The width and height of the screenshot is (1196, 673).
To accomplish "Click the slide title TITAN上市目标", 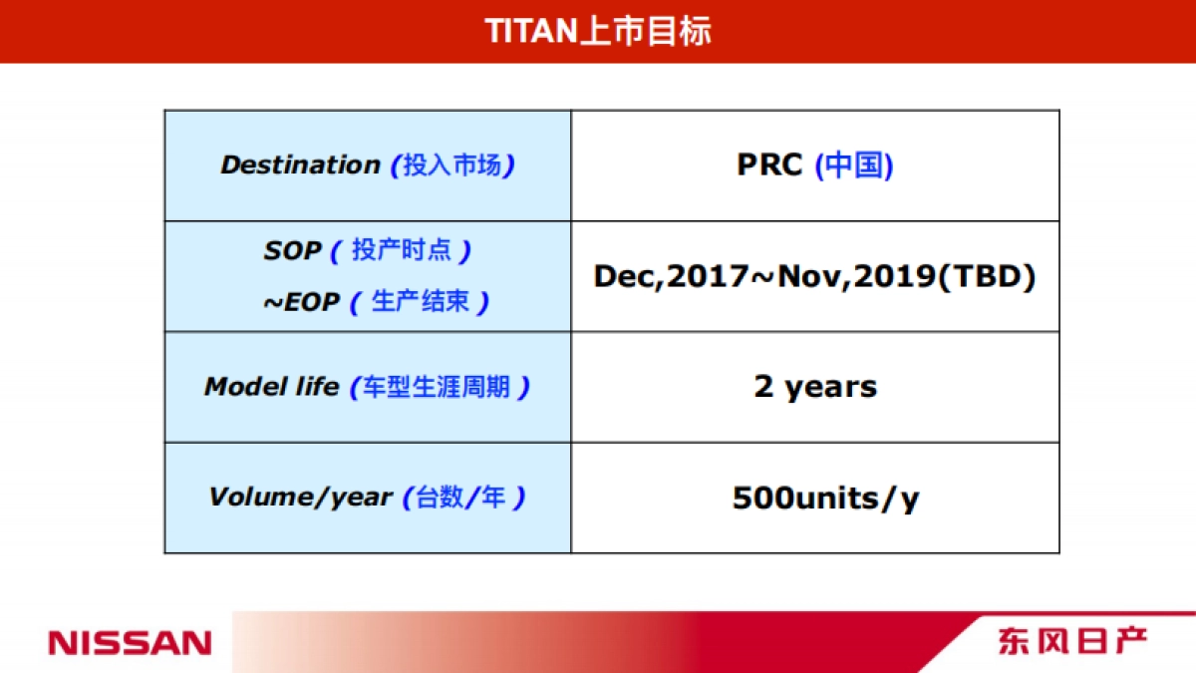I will [598, 30].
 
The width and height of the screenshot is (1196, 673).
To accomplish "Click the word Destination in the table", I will [300, 166].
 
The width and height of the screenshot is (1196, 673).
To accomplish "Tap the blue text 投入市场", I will [452, 166].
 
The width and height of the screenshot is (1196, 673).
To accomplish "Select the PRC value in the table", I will [769, 165].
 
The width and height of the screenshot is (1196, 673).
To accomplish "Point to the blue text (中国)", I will [854, 166].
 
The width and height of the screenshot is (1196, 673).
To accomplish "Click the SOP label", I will [292, 251].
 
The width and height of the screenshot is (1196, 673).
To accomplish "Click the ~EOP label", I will [301, 303].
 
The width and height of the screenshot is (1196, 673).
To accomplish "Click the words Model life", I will [271, 387].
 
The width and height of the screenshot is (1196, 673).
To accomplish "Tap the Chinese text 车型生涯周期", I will [440, 387].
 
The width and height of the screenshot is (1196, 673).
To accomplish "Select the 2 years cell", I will [815, 387].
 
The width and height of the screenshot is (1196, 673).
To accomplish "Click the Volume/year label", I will [299, 497].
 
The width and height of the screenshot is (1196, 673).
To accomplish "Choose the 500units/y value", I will [825, 498].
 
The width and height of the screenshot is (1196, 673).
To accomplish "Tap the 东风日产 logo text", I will [1072, 640].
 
